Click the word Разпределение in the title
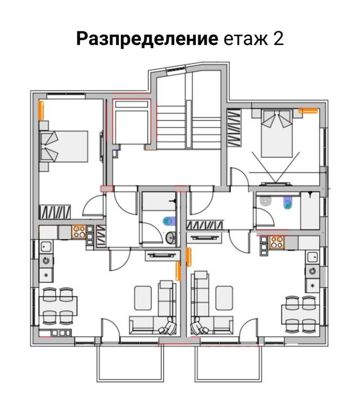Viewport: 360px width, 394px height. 147,39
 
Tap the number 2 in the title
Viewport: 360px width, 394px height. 278,38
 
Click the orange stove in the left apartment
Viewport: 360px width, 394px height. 79,232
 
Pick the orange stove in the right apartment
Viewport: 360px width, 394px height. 277,242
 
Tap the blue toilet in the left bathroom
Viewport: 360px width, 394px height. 170,221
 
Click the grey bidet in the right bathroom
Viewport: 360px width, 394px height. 265,202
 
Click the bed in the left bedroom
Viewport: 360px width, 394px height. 64,146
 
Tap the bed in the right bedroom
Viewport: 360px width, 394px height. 277,133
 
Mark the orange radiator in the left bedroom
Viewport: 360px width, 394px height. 41,110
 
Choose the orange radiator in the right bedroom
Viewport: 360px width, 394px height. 308,111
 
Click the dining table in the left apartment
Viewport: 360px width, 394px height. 58,306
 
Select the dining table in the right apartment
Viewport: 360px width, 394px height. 300,313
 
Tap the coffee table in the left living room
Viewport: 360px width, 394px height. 143,298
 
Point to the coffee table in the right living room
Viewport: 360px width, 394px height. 224,298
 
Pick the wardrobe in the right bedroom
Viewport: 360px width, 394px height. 234,128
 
